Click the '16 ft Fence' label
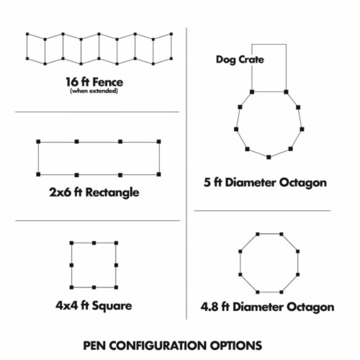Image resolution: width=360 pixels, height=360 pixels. pos(94,82)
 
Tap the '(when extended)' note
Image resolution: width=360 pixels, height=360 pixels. pos(94,91)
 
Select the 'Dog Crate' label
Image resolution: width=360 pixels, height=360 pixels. pos(240,60)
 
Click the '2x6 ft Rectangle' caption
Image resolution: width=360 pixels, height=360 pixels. pos(94,192)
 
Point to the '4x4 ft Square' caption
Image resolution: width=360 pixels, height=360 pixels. pos(94,306)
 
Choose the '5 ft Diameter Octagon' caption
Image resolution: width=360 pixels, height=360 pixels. pos(265,183)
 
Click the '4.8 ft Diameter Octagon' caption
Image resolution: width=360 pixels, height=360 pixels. pos(267,307)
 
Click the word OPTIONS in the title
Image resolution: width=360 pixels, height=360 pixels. pos(236,346)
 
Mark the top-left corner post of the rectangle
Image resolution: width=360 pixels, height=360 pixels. pos(38,142)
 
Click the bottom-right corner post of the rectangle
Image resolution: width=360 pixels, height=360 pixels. pos(158,174)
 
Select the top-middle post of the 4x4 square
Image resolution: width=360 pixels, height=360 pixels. pos(94,243)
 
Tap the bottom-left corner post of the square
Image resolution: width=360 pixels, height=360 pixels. pos(71,287)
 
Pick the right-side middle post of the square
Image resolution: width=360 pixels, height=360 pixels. pos(116,265)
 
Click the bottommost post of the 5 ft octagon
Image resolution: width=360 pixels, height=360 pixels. pos(269,157)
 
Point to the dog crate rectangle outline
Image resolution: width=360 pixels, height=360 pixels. pos(269,45)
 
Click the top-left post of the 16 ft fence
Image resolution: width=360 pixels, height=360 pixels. pos(27,34)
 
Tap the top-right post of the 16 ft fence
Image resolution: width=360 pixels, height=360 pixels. pos(171,34)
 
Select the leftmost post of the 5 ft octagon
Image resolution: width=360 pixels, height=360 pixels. pos(236,129)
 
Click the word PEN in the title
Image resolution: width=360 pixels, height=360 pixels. pos(94,346)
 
